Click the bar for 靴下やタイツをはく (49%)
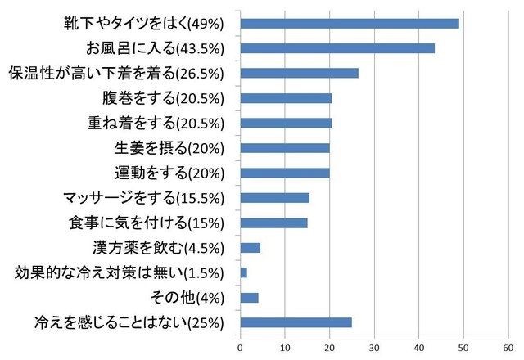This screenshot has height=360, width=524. [x=350, y=23]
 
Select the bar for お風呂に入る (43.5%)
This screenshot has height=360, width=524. [x=337, y=48]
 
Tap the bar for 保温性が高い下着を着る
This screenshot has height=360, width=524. [x=299, y=73]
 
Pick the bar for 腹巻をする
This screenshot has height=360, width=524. [x=286, y=98]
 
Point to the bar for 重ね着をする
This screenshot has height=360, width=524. [x=286, y=123]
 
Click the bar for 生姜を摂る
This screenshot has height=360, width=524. [x=284, y=148]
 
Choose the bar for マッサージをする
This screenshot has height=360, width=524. [x=274, y=197]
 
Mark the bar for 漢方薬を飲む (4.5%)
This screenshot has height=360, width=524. [x=250, y=247]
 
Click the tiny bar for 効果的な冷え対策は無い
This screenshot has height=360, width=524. [x=243, y=272]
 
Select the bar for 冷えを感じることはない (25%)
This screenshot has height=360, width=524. [x=296, y=322]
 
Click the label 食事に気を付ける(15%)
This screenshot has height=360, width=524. [x=148, y=223]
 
